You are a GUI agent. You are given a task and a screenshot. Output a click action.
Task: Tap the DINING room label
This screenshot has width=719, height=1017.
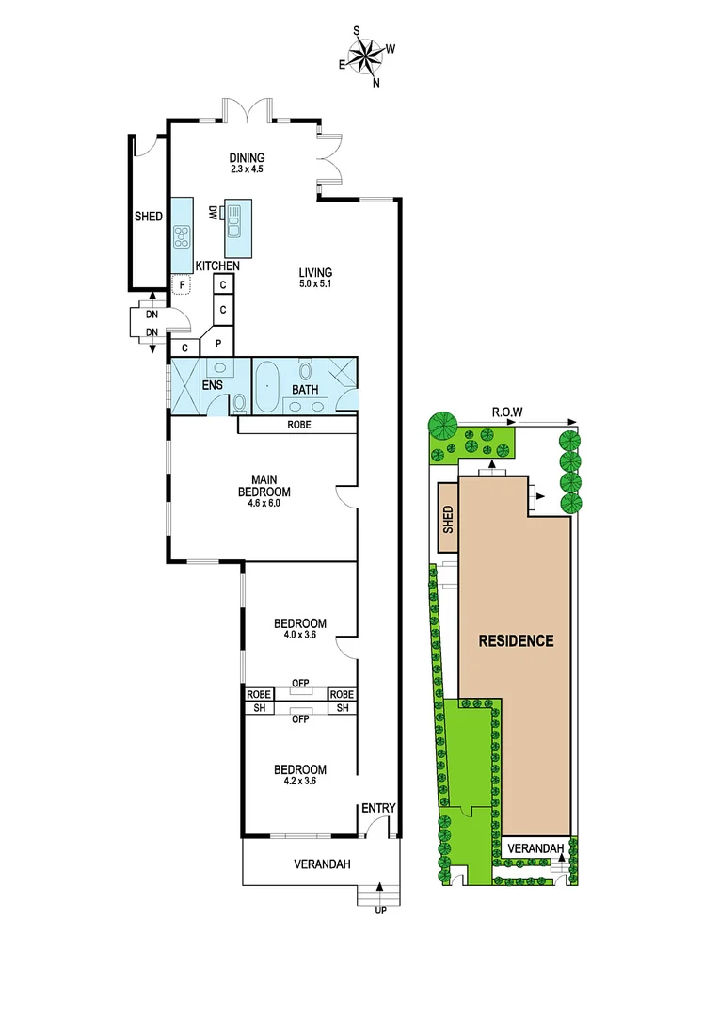click(247, 158)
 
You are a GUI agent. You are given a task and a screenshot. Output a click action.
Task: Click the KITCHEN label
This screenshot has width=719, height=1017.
click(217, 266)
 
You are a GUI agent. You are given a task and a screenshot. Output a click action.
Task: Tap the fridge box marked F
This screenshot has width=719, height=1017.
click(182, 284)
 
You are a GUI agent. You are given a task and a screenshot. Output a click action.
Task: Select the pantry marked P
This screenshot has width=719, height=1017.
click(218, 345)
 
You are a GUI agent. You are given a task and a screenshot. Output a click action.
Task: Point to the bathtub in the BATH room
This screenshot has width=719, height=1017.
click(266, 386)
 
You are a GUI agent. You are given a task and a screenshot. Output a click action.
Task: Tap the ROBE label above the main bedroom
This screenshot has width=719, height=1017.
click(296, 425)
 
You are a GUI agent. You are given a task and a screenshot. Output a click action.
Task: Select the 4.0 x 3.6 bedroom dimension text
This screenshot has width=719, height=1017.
click(299, 635)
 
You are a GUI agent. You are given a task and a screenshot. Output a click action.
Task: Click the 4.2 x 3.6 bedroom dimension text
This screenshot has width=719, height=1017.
click(299, 780)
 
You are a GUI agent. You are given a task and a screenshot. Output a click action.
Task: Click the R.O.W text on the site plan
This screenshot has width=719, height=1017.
click(506, 412)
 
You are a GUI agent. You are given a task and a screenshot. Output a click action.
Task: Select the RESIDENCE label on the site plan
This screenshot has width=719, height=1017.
click(516, 641)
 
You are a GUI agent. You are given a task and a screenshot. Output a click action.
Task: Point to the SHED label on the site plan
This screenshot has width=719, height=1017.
click(448, 519)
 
